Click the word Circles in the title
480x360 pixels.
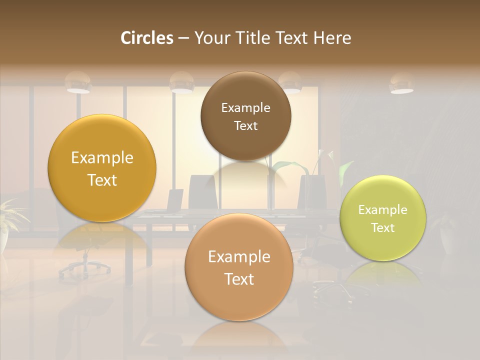pyautogui.click(x=146, y=38)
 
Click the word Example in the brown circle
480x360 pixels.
pyautogui.click(x=245, y=108)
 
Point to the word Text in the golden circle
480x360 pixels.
pyautogui.click(x=102, y=180)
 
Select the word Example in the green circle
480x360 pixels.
pyautogui.click(x=383, y=210)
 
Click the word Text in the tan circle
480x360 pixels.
pyautogui.click(x=239, y=279)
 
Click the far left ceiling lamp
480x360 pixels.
pyautogui.click(x=77, y=83)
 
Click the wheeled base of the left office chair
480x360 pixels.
pyautogui.click(x=84, y=267)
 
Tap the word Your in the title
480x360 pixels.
pyautogui.click(x=209, y=38)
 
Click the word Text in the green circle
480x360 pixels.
pyautogui.click(x=383, y=228)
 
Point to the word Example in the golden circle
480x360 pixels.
pyautogui.click(x=102, y=158)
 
